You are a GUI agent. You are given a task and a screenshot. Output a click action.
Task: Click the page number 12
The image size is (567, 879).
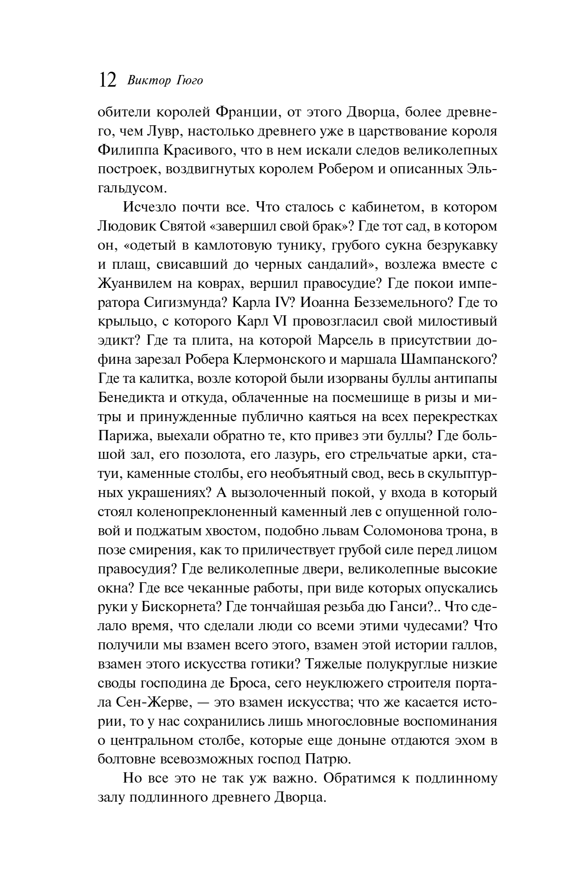coord(107,80)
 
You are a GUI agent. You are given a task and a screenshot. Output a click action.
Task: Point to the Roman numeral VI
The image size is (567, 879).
coord(293,321)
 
